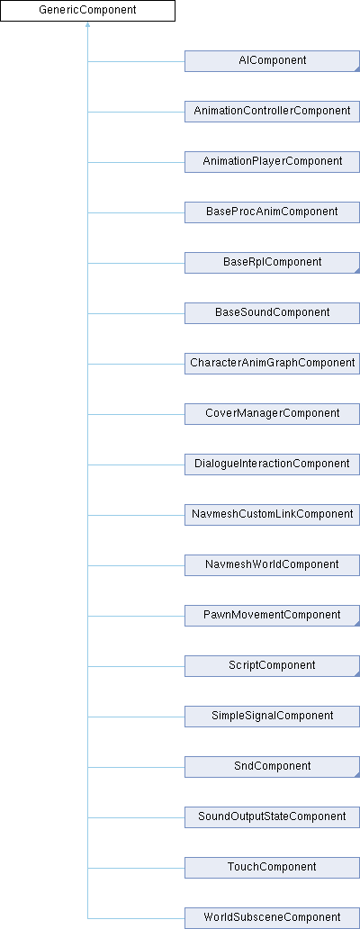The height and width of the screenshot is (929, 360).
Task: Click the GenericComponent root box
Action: coord(87,11)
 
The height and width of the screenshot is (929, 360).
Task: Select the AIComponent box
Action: coord(272,61)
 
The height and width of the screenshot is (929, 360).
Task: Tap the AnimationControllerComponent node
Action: coord(272,112)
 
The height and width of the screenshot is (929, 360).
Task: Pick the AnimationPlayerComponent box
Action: coord(272,162)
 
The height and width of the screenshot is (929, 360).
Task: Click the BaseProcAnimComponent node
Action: coord(272,212)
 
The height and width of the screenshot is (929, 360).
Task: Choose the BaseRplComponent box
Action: coord(272,263)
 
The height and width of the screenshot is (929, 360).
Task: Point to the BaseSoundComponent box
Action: coord(272,313)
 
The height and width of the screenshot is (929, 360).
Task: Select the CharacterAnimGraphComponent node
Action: coord(272,363)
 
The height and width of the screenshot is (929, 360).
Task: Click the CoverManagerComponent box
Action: coord(272,413)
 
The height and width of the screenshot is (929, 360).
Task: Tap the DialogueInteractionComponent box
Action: coord(272,464)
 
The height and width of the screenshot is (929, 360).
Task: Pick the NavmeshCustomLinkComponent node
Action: coord(272,514)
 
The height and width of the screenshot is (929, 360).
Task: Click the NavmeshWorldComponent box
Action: coord(272,564)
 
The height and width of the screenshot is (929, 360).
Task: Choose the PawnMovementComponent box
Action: coord(272,615)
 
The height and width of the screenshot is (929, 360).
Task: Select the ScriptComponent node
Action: coord(272,665)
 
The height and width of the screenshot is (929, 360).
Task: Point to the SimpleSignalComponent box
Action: coord(272,716)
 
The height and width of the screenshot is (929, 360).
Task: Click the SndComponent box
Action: coord(272,766)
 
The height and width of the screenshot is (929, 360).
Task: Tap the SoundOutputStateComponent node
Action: coord(272,816)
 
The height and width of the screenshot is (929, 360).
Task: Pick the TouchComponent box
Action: coord(272,867)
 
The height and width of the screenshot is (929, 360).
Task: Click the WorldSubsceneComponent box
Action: coord(272,917)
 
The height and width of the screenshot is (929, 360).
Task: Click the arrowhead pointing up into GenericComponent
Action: coord(87,25)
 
